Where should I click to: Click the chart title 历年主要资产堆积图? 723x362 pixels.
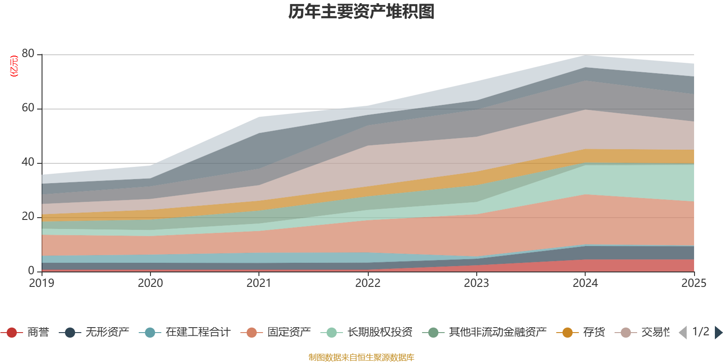pos(361,12)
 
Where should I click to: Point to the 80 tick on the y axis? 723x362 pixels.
pos(28,54)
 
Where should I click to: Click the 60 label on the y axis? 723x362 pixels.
pos(28,108)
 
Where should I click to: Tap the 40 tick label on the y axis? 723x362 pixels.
pos(28,162)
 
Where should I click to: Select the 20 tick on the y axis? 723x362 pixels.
pos(28,217)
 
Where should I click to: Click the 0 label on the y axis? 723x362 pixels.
pos(31,271)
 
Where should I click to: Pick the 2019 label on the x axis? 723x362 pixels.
pos(42,283)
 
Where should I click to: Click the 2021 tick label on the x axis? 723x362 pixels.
pos(259,283)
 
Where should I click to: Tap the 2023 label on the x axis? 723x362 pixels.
pos(476,283)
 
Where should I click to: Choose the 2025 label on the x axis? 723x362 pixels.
pos(694,283)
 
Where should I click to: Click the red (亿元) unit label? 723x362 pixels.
pos(14,66)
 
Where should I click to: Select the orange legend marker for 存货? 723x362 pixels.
pos(567,333)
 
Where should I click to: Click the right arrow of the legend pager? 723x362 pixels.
pos(718,333)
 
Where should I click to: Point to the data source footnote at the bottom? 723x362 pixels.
pos(361,357)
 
